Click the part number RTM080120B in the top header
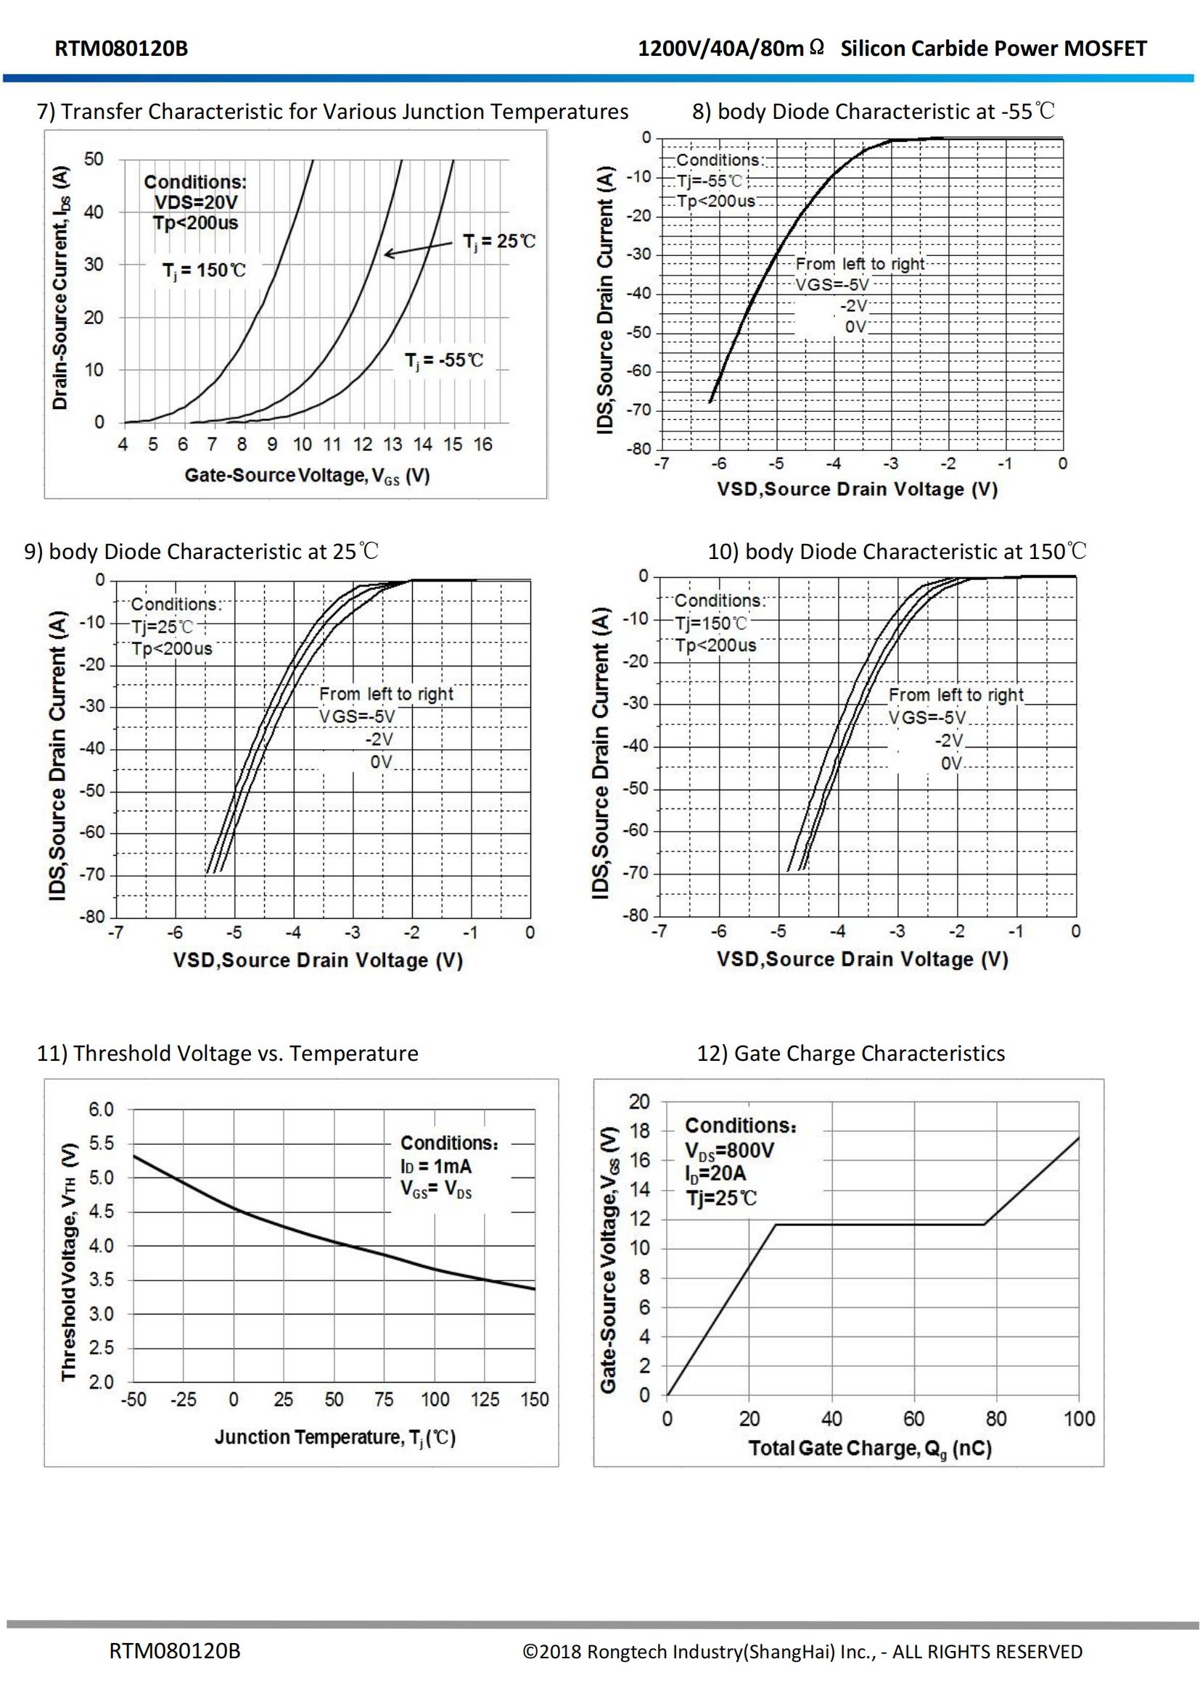tap(121, 49)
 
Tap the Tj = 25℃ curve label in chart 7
tap(498, 241)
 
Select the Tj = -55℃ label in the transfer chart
tap(443, 360)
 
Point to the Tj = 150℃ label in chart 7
tap(204, 270)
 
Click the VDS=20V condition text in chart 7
tap(196, 202)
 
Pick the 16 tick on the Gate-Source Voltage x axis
tap(482, 444)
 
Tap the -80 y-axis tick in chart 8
tap(639, 449)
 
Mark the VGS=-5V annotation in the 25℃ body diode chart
tap(357, 716)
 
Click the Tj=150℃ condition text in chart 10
tap(711, 624)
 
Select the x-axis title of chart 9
tap(318, 960)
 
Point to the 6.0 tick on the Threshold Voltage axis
tap(102, 1109)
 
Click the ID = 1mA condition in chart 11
tap(436, 1167)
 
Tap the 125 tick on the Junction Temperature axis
tap(485, 1399)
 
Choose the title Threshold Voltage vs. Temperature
tap(228, 1054)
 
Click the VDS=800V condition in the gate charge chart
tap(729, 1151)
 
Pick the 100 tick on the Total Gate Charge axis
tap(1079, 1418)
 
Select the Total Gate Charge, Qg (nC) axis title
tap(870, 1449)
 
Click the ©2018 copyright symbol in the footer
tap(530, 1652)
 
